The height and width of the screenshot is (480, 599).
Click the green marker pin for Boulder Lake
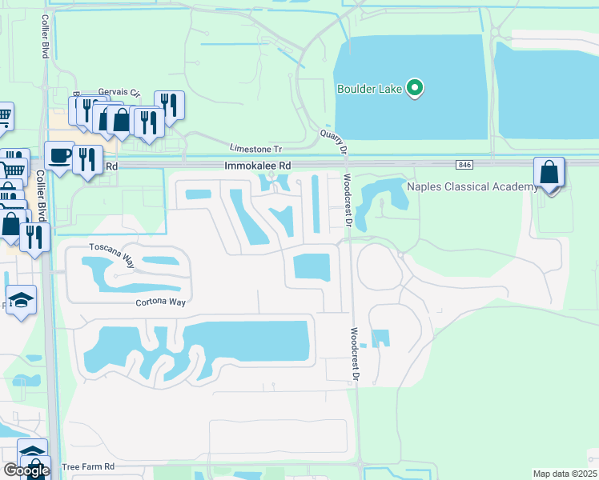414,88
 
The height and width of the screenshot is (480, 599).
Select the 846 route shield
465,165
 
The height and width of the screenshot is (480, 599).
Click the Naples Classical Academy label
472,187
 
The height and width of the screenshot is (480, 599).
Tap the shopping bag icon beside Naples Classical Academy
549,174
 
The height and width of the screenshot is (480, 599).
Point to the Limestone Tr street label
256,150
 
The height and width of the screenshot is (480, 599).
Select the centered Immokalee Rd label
257,166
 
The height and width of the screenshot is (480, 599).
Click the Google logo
26,470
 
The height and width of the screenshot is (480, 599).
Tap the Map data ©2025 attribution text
565,474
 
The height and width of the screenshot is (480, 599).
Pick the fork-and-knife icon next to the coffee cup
87,158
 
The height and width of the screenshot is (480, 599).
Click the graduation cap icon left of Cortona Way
22,300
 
